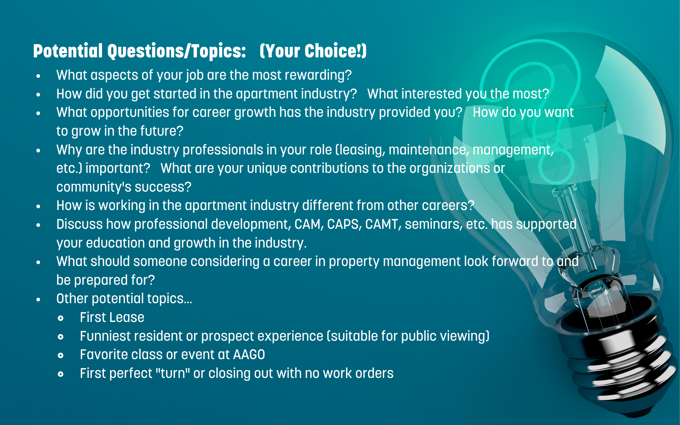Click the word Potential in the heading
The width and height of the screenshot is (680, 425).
(68, 51)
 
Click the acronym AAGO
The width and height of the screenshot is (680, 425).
(249, 355)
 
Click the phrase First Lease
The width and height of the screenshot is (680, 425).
(112, 318)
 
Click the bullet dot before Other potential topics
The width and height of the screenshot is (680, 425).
(38, 300)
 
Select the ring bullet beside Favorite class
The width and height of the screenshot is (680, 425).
(61, 356)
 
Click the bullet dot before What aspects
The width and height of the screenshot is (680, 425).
(38, 76)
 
